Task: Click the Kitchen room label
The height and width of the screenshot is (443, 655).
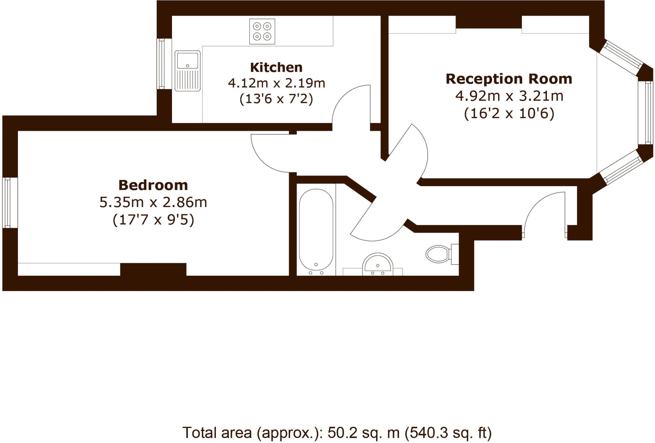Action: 276,67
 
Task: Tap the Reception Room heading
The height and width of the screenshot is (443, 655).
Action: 509,79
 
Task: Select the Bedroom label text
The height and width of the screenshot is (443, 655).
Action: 153,185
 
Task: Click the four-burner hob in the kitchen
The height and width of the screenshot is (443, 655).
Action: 262,31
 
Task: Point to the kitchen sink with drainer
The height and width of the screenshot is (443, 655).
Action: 187,71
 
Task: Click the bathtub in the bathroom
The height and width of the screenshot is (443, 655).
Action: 316,230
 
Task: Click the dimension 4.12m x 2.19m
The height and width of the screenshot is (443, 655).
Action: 276,83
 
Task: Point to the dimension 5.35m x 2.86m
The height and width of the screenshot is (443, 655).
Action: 153,202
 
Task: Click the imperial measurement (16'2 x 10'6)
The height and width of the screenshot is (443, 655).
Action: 509,114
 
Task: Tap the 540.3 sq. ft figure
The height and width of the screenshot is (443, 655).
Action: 448,433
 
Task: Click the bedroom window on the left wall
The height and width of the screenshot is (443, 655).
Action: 6,203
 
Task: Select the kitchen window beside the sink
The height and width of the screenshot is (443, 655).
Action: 161,64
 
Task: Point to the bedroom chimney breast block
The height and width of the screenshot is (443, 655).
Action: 153,269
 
